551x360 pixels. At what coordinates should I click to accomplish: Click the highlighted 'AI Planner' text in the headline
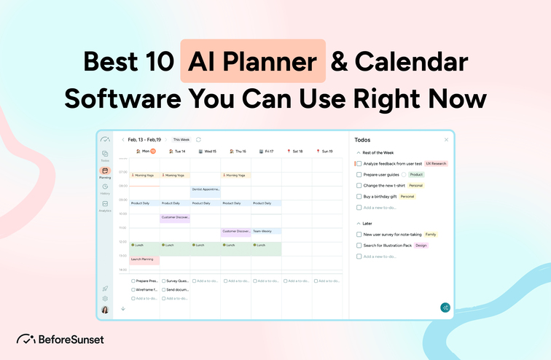[252, 61]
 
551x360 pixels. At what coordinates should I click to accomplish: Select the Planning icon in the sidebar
[105, 171]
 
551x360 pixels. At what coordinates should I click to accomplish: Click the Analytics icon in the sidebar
[105, 205]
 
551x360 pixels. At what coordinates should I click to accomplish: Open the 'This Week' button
[181, 139]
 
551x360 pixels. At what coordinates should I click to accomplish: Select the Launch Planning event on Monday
[144, 259]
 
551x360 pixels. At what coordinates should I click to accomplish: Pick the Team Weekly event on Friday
[266, 231]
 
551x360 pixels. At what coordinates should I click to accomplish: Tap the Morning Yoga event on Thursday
[235, 175]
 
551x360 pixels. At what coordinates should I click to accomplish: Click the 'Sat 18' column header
[295, 152]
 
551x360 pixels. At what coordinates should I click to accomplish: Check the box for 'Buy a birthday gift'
[359, 196]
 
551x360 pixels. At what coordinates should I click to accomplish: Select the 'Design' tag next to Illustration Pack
[421, 246]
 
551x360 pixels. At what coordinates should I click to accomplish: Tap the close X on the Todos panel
[446, 139]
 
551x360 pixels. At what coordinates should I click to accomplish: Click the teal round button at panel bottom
[445, 308]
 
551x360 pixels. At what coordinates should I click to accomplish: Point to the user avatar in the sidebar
[105, 310]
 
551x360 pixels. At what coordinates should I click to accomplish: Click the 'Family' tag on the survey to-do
[430, 235]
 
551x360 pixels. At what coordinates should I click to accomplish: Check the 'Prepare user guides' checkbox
[359, 175]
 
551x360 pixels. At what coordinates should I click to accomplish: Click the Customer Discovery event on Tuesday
[175, 217]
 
